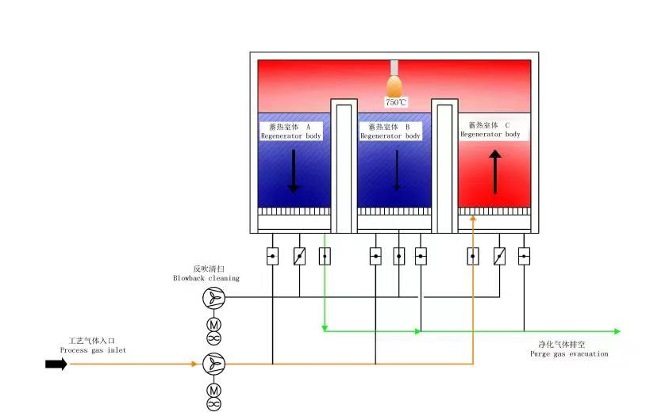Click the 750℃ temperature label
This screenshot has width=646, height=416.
click(x=396, y=102)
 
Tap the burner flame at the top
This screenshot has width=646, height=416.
click(x=394, y=86)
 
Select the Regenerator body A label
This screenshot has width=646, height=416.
click(x=291, y=132)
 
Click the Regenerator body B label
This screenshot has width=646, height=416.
click(x=390, y=132)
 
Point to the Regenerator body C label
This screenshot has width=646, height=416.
click(x=490, y=130)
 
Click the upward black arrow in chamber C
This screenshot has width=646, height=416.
click(x=495, y=172)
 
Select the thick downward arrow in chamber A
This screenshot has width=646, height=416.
click(x=294, y=171)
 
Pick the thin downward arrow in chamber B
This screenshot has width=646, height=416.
click(x=397, y=170)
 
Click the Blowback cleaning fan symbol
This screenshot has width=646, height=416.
click(x=213, y=297)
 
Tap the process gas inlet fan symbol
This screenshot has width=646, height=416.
click(x=213, y=364)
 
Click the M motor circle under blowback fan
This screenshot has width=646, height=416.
click(x=213, y=325)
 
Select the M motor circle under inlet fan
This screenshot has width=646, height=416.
click(x=213, y=390)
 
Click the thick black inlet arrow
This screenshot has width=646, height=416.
click(x=56, y=364)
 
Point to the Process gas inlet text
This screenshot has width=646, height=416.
click(x=93, y=350)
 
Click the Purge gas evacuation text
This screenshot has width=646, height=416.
click(x=569, y=354)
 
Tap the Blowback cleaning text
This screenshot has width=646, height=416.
click(x=206, y=278)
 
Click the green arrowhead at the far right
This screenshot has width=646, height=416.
click(x=617, y=331)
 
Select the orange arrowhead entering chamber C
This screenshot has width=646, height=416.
click(x=473, y=219)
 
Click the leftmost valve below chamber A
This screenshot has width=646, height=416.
click(x=272, y=257)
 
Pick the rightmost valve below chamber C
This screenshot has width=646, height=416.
click(x=524, y=256)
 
